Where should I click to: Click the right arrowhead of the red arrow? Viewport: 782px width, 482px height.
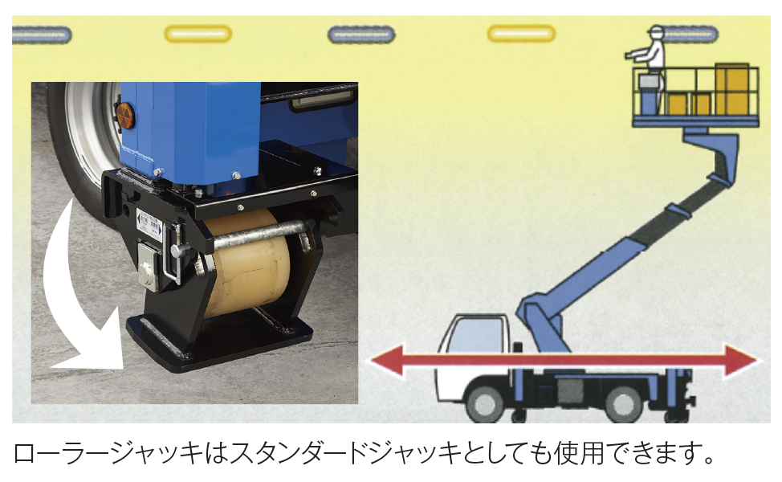click(743, 361)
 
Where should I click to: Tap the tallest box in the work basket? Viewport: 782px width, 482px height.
click(732, 89)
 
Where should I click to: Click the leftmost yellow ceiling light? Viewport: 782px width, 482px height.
click(198, 34)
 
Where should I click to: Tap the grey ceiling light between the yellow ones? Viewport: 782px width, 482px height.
click(361, 35)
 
